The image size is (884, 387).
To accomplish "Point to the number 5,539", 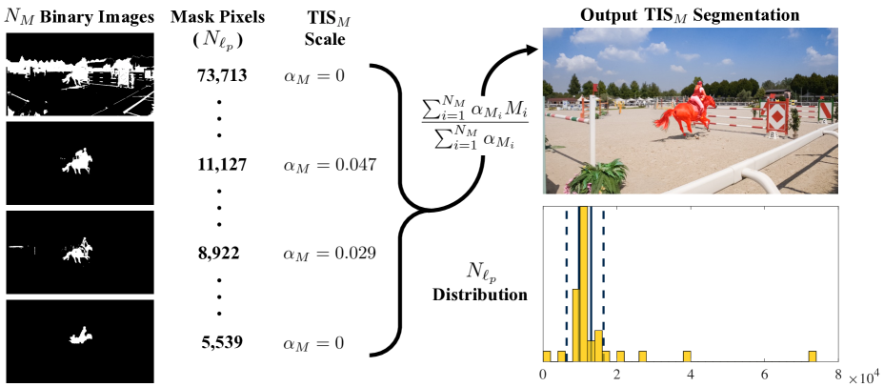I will tap(219, 342).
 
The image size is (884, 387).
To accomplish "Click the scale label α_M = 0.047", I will tap(331, 165).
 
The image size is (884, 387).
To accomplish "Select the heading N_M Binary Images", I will tap(79, 16).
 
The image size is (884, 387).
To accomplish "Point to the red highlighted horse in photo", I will tap(676, 118).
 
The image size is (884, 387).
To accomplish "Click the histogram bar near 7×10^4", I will tap(812, 356).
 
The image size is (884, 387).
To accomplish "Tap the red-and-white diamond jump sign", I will tap(776, 119).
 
